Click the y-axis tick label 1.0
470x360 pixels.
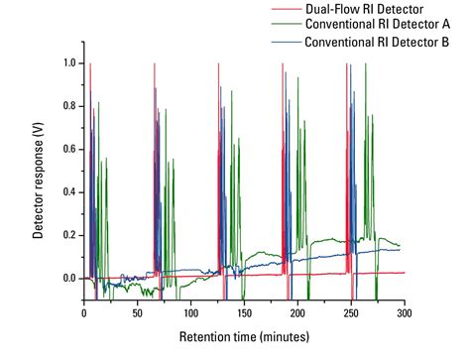(x=67, y=63)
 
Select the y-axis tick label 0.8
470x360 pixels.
(x=67, y=106)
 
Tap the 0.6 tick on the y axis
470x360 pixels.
(x=67, y=149)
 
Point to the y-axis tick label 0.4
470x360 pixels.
(x=67, y=192)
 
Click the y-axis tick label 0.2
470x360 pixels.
(x=67, y=235)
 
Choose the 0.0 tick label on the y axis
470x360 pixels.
(x=67, y=279)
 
